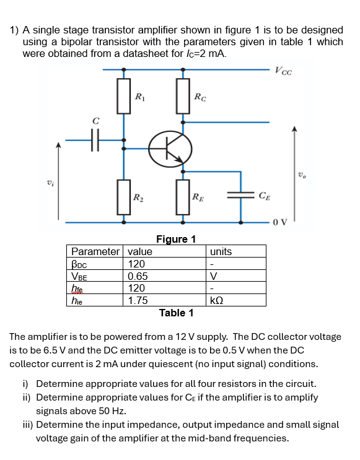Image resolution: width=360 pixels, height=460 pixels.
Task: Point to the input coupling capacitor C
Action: point(94,142)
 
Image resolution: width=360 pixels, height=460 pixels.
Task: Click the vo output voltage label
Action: point(302,175)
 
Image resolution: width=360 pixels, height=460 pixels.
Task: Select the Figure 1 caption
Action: point(176,239)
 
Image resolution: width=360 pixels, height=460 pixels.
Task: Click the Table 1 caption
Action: point(176,313)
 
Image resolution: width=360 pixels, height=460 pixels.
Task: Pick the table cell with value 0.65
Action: point(137,276)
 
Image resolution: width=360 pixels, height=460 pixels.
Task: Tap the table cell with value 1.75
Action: point(137,300)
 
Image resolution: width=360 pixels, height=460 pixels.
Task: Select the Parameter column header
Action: point(95,251)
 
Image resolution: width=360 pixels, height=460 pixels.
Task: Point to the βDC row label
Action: point(82,264)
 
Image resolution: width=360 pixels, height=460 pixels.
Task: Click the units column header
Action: point(221,251)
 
